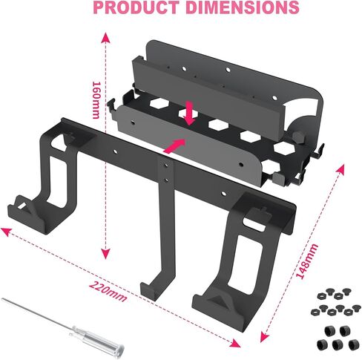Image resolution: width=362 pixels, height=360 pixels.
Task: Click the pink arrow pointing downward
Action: (191, 114)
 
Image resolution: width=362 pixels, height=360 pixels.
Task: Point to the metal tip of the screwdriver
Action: (22, 307)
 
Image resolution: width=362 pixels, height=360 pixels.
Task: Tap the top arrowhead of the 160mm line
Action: (105, 36)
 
